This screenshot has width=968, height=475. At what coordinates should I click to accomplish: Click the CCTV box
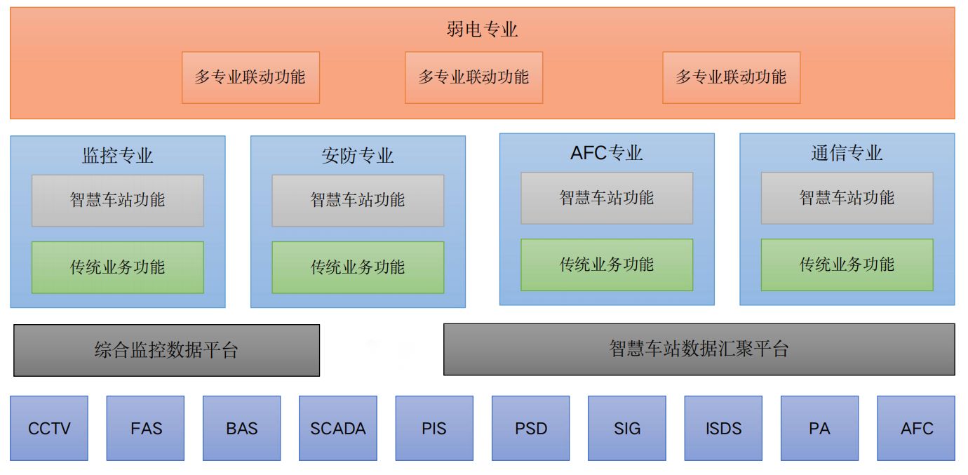[x=49, y=428]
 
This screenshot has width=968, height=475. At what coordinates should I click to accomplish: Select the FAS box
[x=145, y=428]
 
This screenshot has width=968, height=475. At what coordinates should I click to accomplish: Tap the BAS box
[x=241, y=428]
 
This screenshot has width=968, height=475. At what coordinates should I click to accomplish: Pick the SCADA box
[x=337, y=428]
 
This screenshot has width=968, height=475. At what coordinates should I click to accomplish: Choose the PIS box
[x=434, y=428]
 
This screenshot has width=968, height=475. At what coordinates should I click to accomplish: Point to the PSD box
[x=530, y=428]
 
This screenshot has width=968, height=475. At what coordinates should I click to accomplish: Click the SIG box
[x=626, y=428]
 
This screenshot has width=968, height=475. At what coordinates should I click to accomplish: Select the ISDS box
[x=722, y=428]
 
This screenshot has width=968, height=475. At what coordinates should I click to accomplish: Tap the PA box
[x=819, y=428]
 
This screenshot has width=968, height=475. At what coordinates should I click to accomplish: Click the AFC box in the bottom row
[x=916, y=428]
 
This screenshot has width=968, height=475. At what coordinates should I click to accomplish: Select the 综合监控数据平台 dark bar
[x=166, y=350]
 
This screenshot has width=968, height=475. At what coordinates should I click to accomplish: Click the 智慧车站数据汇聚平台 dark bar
[x=699, y=349]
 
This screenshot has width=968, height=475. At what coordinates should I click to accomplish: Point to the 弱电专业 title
[x=482, y=29]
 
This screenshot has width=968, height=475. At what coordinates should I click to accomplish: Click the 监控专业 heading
[x=117, y=155]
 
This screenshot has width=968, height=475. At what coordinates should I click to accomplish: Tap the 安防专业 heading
[x=358, y=155]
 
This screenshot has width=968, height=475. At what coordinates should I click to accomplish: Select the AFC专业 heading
[x=607, y=152]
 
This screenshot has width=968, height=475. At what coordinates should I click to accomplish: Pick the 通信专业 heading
[x=847, y=152]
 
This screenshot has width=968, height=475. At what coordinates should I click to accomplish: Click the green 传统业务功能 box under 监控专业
[x=117, y=267]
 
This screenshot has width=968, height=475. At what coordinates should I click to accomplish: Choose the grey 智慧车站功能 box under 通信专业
[x=847, y=198]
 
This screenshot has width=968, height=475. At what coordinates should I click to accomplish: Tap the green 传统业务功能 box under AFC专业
[x=607, y=265]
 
